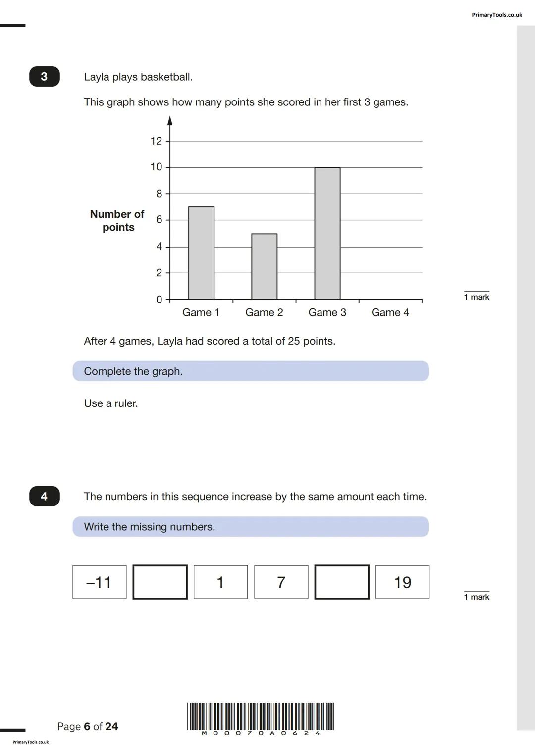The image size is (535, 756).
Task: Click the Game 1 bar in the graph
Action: (x=201, y=253)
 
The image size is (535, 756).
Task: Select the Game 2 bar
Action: (x=264, y=266)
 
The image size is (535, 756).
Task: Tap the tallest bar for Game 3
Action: (x=327, y=233)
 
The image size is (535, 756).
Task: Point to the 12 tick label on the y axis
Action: (x=156, y=141)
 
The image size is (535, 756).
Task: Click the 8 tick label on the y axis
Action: (x=159, y=194)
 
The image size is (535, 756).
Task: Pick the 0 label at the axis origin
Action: (x=159, y=300)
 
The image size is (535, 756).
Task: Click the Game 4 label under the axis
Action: (x=390, y=312)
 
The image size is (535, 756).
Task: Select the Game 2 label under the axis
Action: (x=264, y=312)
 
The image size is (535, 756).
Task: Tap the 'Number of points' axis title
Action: (x=117, y=221)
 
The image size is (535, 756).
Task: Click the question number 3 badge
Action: (x=44, y=77)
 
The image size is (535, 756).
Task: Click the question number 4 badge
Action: (x=44, y=496)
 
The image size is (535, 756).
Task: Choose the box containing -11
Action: (x=99, y=582)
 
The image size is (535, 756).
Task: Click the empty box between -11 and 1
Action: (x=160, y=582)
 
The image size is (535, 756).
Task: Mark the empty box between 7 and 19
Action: (x=342, y=582)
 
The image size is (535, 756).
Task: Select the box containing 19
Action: (x=402, y=582)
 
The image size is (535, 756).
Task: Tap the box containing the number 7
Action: (x=281, y=582)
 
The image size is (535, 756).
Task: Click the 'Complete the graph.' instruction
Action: (x=133, y=371)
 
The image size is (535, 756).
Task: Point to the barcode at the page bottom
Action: (x=261, y=716)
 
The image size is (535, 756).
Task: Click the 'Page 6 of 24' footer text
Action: (x=88, y=726)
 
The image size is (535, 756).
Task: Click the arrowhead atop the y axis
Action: (x=170, y=121)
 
